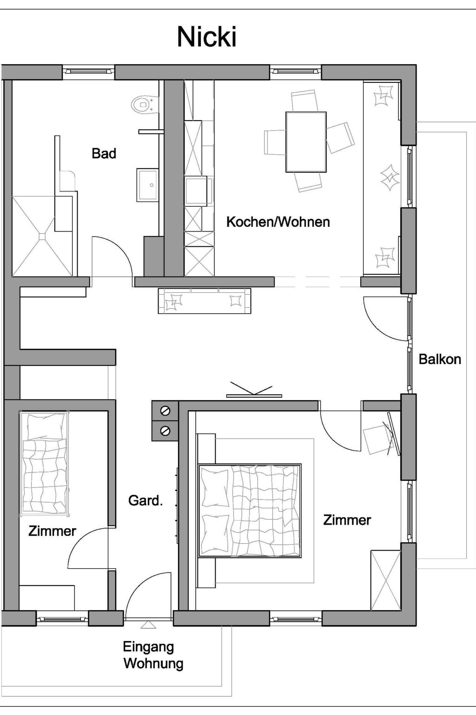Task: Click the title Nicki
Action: coord(207,37)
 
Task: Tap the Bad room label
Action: coord(104,154)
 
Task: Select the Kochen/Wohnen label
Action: coord(278,222)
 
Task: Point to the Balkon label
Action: coord(440,359)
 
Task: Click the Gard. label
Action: coord(145,500)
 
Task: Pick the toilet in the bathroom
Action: coord(145,104)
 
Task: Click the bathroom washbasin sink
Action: coord(148,185)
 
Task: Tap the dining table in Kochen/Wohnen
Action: coord(306,142)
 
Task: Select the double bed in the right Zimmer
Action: coord(250,511)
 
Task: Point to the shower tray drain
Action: coord(43,236)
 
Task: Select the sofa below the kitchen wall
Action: coord(205,300)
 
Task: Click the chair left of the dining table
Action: coord(275,142)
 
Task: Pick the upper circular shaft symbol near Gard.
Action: coord(165,411)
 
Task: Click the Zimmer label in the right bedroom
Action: coord(347,520)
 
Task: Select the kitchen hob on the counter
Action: coord(198,191)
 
